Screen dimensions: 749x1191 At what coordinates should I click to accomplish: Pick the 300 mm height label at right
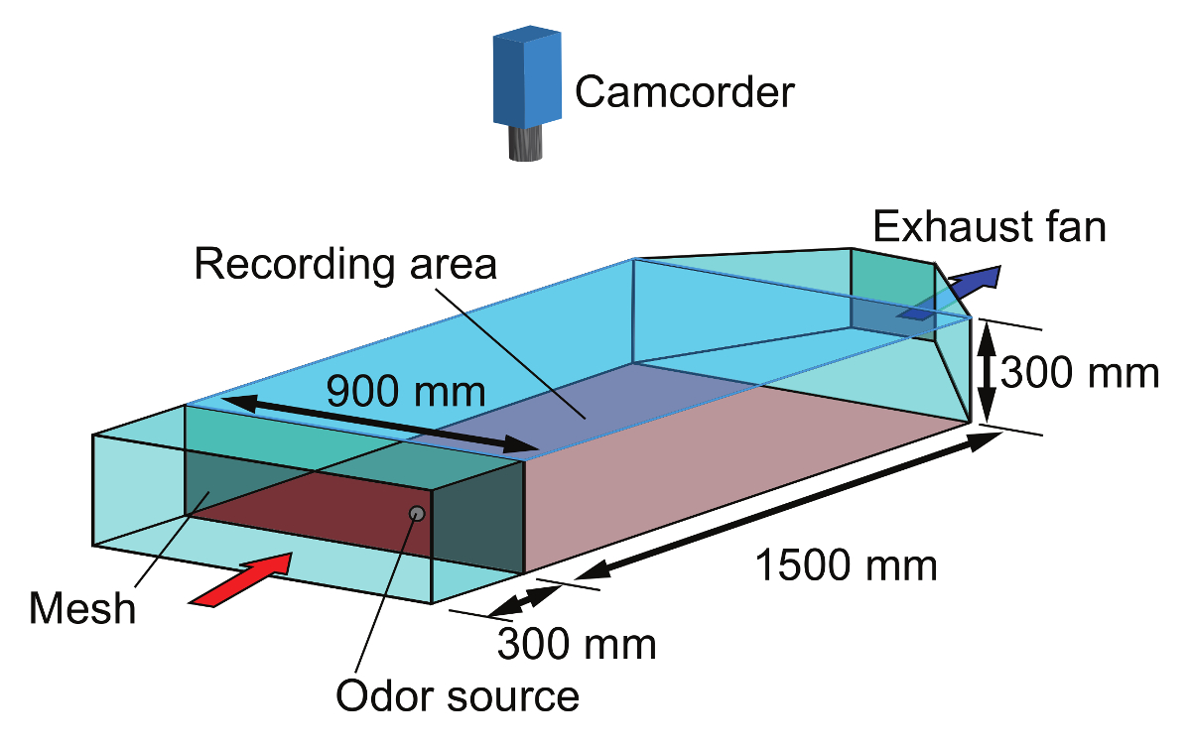click(1079, 374)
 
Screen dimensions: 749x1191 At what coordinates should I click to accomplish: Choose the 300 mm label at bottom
click(576, 644)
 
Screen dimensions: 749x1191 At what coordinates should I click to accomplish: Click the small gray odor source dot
click(417, 513)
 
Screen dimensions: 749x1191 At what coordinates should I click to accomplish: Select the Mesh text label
click(82, 606)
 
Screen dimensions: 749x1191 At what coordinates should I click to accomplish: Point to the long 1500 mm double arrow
click(784, 504)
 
